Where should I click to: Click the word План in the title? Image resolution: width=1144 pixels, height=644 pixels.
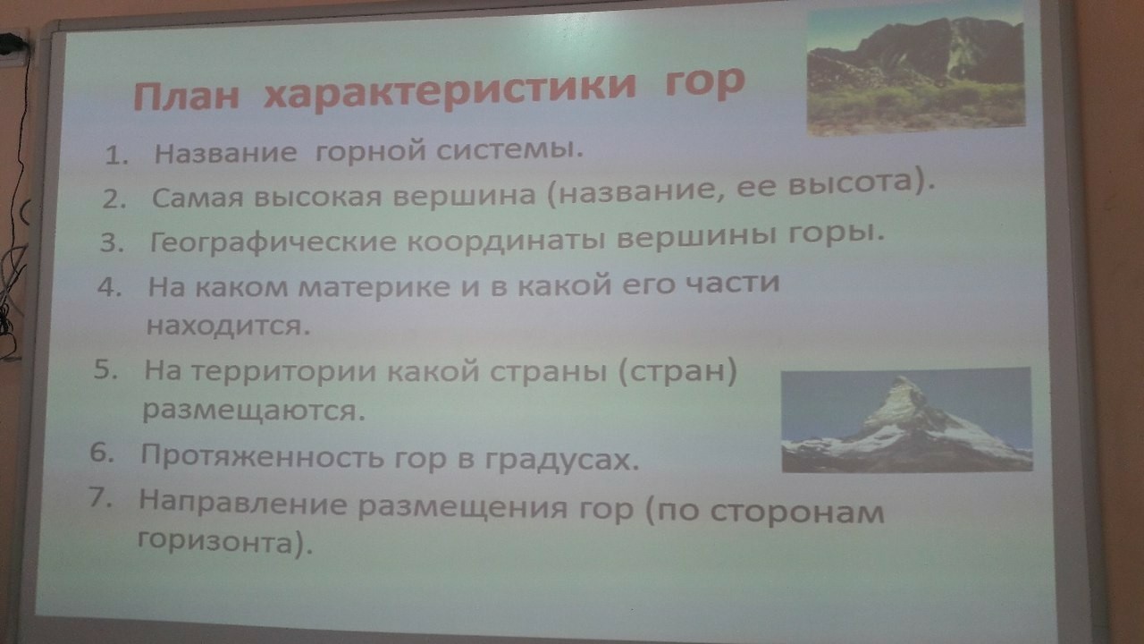pos(187,96)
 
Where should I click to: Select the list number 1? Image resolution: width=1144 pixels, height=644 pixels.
pos(116,155)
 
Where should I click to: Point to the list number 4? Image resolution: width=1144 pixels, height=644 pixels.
pos(110,287)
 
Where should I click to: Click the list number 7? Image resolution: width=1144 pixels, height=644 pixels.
pos(101,497)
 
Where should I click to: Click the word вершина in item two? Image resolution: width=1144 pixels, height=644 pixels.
pos(464,195)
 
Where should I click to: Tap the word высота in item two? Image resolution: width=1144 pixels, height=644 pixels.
pos(850,183)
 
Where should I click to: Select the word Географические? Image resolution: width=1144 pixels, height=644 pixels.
pos(273,241)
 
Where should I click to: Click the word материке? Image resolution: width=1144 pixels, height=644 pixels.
pos(374,286)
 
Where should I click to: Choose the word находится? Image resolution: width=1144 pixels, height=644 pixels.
pos(228,325)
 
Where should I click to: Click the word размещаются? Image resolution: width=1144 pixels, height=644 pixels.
pos(254,411)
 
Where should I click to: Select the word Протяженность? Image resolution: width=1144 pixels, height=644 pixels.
pos(263,455)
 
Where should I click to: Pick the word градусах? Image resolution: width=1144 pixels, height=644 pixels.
pos(560,460)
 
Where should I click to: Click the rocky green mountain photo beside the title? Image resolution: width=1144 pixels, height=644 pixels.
pos(916,72)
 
